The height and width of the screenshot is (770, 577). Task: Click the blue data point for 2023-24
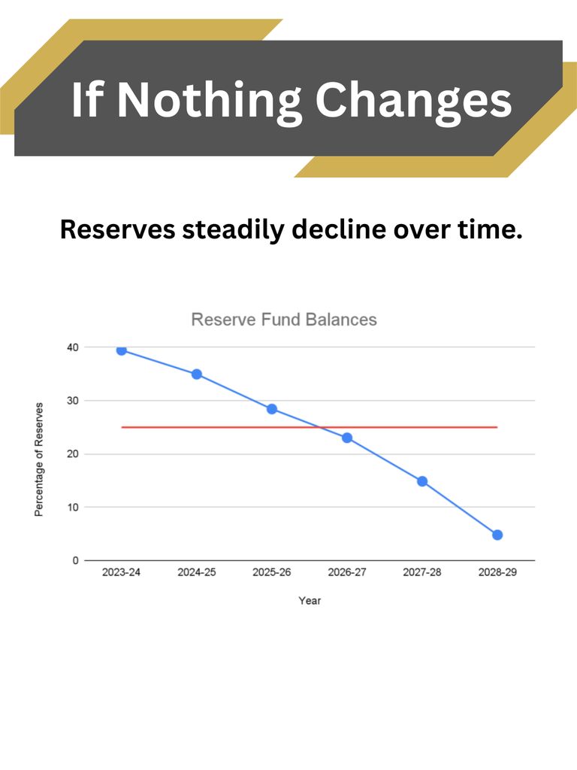[x=122, y=350]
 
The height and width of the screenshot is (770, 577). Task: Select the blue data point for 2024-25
[x=197, y=374]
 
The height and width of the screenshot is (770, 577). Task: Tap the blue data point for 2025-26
[x=272, y=409]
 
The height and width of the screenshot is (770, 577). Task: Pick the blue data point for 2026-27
[x=347, y=438]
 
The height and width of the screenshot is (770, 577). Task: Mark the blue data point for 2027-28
[x=422, y=481]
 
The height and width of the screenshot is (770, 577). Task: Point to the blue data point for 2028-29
[x=497, y=535]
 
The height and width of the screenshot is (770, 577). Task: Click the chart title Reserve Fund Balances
[x=284, y=320]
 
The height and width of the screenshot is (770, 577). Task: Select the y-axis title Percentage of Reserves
[x=38, y=459]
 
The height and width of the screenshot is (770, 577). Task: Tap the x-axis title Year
[x=310, y=601]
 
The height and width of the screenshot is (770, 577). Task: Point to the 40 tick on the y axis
[x=72, y=347]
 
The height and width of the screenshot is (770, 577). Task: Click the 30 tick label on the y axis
[x=72, y=401]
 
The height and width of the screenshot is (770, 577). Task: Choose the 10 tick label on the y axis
[x=72, y=508]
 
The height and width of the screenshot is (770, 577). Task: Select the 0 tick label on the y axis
[x=75, y=561]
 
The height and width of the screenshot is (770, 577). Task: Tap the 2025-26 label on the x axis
[x=272, y=572]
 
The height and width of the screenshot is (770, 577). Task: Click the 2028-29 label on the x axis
[x=497, y=572]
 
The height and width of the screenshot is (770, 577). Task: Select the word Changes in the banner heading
[x=413, y=99]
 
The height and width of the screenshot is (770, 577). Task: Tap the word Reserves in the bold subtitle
[x=117, y=229]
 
